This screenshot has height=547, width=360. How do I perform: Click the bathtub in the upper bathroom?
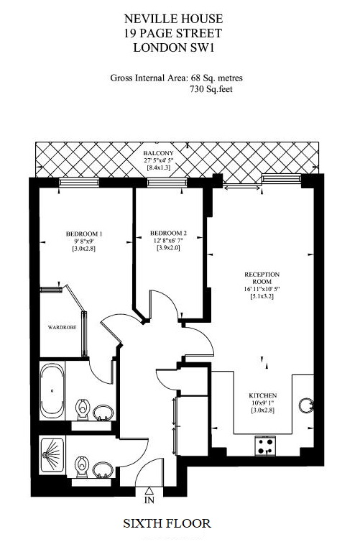[52, 391]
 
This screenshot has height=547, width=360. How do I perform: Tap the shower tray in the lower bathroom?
[52, 455]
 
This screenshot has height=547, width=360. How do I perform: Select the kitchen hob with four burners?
[265, 446]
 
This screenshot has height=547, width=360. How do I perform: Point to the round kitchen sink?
[306, 405]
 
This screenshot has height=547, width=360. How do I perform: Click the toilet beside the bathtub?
[83, 410]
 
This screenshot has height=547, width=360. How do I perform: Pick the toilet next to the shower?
[83, 466]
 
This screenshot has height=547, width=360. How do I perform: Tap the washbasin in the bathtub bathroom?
[103, 413]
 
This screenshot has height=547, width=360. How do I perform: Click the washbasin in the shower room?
[103, 470]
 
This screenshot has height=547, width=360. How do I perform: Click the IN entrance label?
[149, 500]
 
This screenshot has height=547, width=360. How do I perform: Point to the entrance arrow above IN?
[149, 491]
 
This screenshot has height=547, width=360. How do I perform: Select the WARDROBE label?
[62, 328]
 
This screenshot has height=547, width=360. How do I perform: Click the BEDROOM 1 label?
[84, 234]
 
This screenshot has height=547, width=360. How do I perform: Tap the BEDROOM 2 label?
[168, 233]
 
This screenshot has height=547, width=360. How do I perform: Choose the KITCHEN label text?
[263, 395]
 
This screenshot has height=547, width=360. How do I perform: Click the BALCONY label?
[158, 153]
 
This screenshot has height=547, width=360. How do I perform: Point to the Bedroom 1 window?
[79, 182]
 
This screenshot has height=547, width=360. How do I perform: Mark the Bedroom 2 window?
[167, 182]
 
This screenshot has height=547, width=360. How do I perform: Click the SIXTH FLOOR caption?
[167, 523]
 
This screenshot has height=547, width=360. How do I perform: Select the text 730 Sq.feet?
[211, 89]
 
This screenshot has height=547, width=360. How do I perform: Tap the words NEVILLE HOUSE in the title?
[173, 19]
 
